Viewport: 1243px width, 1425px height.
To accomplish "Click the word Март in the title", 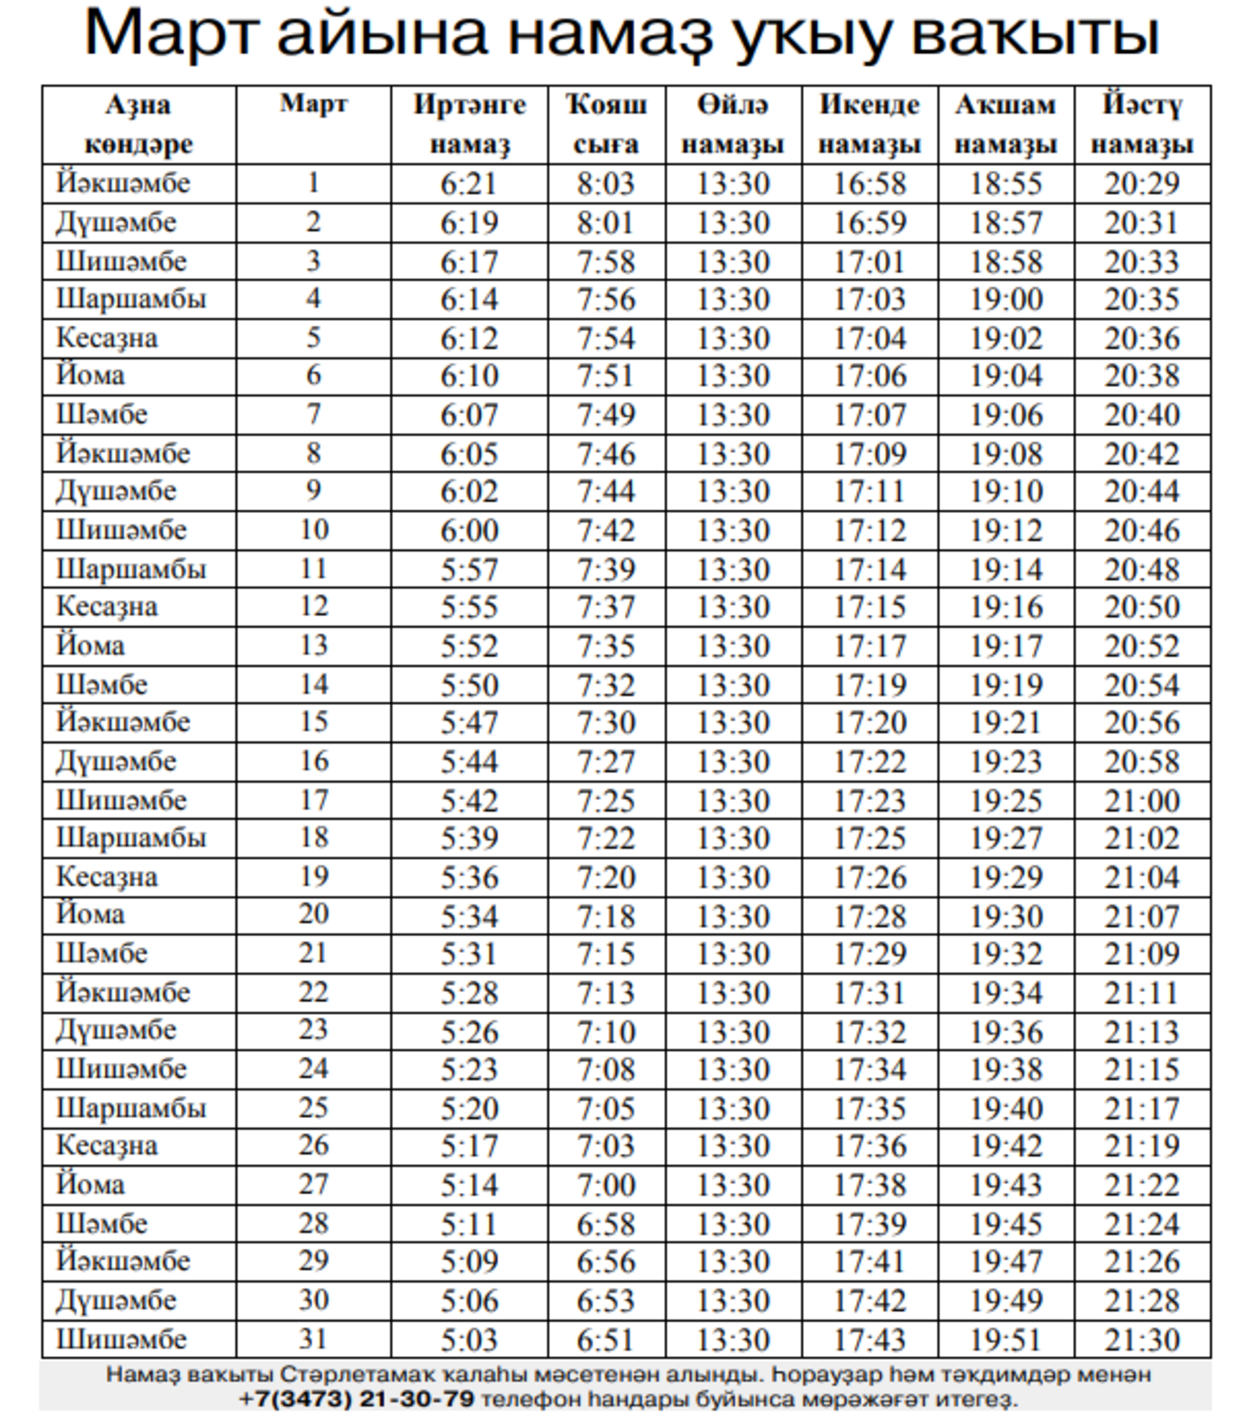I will [170, 33].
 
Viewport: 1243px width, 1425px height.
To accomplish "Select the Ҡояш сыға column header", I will [606, 124].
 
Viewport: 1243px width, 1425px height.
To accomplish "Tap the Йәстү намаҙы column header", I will [1142, 124].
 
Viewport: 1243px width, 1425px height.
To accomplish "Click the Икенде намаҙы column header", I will [869, 124].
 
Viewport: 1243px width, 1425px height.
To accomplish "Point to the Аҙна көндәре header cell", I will [138, 124].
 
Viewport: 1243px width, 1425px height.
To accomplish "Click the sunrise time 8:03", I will [606, 183].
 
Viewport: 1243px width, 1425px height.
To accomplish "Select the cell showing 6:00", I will [469, 531].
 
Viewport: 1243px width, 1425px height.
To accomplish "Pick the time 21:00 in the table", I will [1142, 800].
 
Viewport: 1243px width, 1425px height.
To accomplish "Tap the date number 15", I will [313, 722].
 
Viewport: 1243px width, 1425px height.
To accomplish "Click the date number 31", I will [313, 1339].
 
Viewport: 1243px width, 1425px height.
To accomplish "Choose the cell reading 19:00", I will [1006, 299].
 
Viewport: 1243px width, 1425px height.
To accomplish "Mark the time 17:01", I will [869, 262].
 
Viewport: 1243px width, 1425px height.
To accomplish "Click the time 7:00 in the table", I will [606, 1185].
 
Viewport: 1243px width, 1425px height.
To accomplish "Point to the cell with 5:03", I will [469, 1340].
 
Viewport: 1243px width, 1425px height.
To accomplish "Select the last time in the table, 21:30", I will [1142, 1340].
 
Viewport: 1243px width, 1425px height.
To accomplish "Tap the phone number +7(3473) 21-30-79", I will [357, 1399].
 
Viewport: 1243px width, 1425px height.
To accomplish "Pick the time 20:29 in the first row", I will [1142, 183].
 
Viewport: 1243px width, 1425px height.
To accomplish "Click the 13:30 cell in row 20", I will [733, 916].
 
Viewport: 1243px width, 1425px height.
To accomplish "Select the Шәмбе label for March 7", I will [102, 414].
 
